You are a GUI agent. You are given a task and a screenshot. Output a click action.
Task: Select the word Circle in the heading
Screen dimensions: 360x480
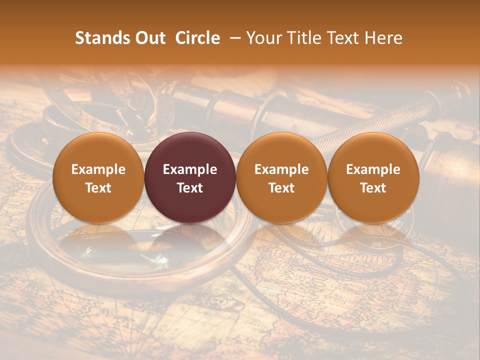(x=197, y=38)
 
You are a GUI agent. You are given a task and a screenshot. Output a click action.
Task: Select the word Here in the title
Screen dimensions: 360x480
(x=384, y=38)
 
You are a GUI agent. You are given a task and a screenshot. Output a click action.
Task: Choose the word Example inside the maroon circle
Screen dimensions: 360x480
(x=190, y=169)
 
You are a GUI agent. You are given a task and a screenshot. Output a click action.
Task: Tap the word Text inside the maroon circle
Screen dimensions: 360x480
(x=190, y=188)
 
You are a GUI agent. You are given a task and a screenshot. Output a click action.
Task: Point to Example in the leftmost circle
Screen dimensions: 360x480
(x=98, y=169)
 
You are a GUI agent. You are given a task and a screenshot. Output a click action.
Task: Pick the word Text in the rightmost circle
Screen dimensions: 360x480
(x=373, y=188)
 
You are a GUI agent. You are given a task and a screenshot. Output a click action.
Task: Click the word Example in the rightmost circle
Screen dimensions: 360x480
(x=373, y=169)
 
